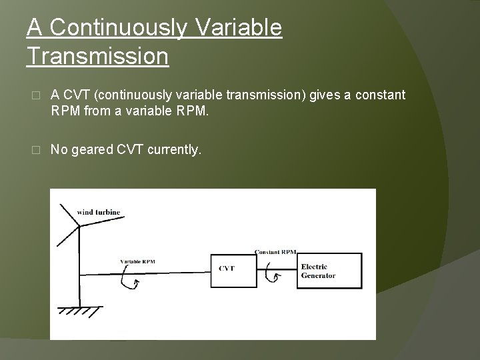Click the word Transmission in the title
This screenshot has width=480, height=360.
97,56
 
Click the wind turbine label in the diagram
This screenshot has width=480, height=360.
99,212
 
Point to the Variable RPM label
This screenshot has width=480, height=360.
137,261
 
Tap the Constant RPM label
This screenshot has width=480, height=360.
275,252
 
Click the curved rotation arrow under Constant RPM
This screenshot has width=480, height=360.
270,275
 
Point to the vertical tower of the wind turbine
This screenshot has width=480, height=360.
80,267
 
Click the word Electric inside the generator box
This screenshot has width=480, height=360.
314,267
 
